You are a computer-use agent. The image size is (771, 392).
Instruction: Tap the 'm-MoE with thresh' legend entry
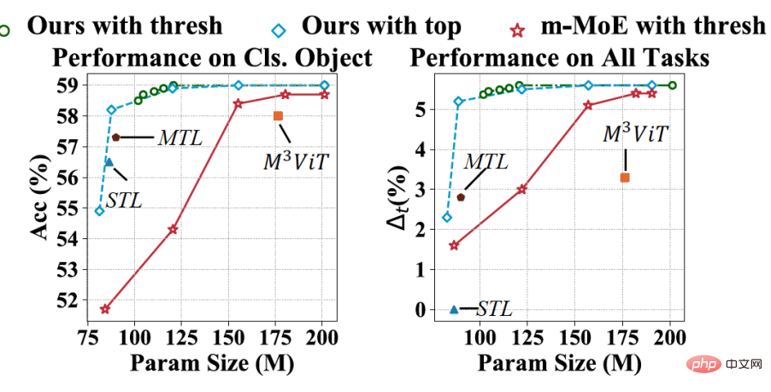[x=650, y=25]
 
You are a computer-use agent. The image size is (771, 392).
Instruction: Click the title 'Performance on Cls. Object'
[x=213, y=58]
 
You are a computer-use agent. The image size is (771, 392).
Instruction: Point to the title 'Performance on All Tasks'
[x=560, y=58]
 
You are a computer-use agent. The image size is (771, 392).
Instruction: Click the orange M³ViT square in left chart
[x=278, y=115]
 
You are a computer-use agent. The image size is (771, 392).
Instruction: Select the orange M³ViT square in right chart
[x=625, y=178]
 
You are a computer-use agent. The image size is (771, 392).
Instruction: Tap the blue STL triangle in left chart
[x=109, y=161]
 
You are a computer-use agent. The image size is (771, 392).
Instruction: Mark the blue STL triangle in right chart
[x=454, y=309]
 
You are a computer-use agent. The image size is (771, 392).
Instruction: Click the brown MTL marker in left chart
[x=115, y=137]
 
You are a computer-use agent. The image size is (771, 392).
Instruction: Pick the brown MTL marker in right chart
[x=461, y=197]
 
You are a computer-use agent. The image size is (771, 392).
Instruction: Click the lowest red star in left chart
[x=105, y=309]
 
